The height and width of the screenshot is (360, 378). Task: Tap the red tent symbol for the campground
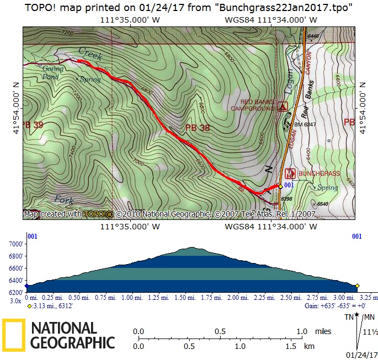point(283,106)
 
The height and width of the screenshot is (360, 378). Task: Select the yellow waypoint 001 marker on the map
point(280,186)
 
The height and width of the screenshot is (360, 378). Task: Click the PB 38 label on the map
point(198,127)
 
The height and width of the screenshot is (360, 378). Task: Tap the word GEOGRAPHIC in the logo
point(73,343)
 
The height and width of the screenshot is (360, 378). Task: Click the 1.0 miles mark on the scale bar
point(301,332)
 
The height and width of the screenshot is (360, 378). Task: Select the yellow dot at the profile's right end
point(357,286)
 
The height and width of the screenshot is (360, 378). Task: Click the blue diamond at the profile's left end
point(27,286)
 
